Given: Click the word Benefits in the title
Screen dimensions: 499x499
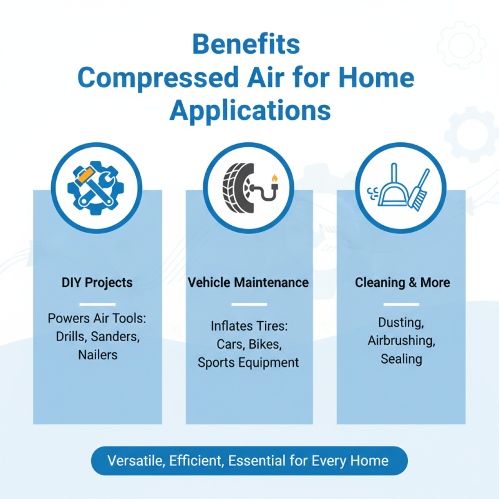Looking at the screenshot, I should click(246, 46).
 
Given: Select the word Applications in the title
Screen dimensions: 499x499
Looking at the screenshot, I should click(249, 110).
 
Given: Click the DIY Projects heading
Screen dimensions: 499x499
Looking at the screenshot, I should click(97, 283).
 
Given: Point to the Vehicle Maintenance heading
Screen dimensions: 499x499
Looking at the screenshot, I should click(248, 283).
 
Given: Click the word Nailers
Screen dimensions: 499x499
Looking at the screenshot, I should click(97, 354).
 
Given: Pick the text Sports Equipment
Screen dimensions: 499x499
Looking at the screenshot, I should click(248, 362).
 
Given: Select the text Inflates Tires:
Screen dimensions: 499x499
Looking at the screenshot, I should click(248, 326).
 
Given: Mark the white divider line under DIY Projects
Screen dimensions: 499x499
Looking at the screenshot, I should click(98, 304).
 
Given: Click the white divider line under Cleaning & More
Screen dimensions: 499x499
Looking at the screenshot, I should click(401, 304).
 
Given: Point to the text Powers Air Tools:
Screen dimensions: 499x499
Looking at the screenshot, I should click(97, 318).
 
